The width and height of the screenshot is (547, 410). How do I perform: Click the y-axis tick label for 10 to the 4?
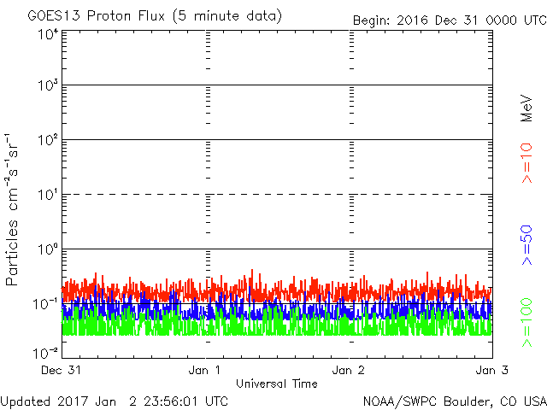coord(48,33)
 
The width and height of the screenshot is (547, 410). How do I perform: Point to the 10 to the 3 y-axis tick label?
coord(48,86)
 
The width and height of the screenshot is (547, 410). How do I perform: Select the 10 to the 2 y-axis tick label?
coord(48,141)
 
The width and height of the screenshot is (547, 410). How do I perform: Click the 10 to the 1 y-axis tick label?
coord(48,195)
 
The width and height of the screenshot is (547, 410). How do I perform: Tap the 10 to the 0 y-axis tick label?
coord(48,249)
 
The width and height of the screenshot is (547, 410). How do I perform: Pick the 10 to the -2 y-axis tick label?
coord(46,352)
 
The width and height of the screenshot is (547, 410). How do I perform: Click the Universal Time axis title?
coord(278,384)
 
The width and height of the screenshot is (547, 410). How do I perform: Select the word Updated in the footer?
coord(26,401)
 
